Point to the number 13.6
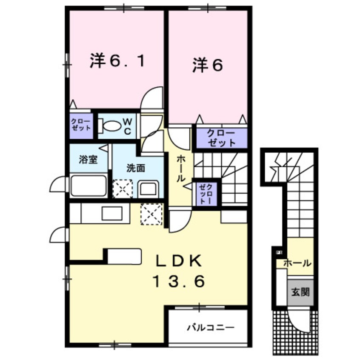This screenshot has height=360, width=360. click(x=180, y=281)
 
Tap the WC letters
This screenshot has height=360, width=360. click(x=128, y=126)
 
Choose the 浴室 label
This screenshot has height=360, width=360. click(x=89, y=160)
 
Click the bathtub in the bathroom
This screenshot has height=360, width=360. click(x=88, y=186)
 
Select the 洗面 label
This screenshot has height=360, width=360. click(x=135, y=168)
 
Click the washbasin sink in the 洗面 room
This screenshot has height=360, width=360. click(x=149, y=188)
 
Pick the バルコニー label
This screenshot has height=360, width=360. click(x=210, y=328)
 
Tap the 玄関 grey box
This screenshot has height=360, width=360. click(x=300, y=292)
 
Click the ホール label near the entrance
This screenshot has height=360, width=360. click(x=297, y=263)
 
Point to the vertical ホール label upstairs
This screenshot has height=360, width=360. click(x=180, y=169)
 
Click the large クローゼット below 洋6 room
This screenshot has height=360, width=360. click(x=221, y=138)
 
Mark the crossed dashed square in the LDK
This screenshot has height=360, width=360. click(x=152, y=214)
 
